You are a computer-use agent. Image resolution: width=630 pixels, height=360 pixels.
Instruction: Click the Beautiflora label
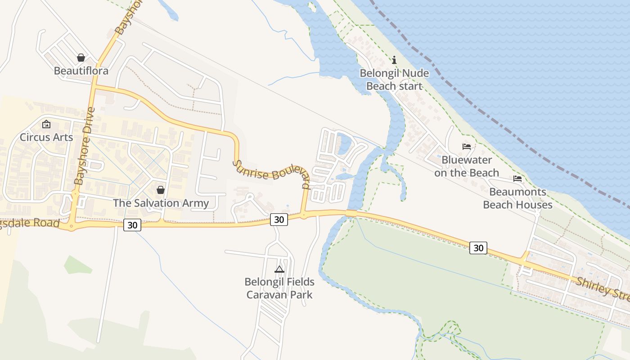[x=81, y=71]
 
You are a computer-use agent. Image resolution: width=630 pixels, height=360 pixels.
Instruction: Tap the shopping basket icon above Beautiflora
[x=81, y=58]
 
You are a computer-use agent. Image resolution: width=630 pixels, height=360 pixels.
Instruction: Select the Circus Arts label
[x=46, y=137]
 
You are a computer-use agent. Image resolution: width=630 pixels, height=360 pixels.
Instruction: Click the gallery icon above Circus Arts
[x=46, y=124]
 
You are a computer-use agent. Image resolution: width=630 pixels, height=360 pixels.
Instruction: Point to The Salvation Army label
[x=161, y=203]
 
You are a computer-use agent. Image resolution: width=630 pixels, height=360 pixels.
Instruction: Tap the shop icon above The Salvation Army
[x=161, y=190]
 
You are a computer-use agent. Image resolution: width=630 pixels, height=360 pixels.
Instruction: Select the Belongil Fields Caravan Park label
[x=279, y=288]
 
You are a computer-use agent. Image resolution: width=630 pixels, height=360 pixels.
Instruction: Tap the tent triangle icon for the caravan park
[x=279, y=270]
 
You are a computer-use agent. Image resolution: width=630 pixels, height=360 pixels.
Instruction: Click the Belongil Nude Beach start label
[x=394, y=80]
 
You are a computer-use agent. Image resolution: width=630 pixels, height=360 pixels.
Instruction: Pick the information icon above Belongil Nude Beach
[x=394, y=60]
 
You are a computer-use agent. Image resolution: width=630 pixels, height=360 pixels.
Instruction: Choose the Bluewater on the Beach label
[x=467, y=166]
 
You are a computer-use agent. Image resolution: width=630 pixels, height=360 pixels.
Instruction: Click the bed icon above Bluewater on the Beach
[x=467, y=147]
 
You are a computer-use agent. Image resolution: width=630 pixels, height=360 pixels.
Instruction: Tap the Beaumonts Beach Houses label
[x=517, y=198]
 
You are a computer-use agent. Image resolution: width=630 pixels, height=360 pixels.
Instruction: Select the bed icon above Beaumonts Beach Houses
[x=517, y=179]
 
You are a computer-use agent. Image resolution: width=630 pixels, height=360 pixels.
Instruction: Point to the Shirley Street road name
[x=603, y=288]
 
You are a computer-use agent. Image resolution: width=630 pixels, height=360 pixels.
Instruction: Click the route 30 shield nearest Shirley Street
[x=478, y=247]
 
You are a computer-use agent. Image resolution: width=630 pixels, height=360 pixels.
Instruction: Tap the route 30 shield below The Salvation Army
[x=132, y=225]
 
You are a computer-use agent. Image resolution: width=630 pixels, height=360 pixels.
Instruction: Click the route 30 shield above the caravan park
[x=279, y=219]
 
